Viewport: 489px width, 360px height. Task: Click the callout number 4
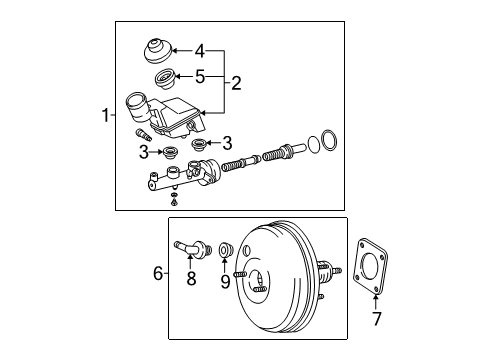pos(200,51)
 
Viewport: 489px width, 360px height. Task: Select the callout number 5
pos(200,77)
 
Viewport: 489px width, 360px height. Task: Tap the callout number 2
pos(236,83)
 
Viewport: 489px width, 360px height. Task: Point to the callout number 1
pos(105,115)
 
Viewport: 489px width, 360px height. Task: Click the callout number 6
pos(158,274)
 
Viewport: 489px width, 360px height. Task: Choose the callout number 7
pos(377,319)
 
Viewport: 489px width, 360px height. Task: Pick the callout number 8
pos(191,279)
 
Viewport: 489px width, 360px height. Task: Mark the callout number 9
pos(225,282)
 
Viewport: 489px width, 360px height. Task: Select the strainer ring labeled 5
pos(165,79)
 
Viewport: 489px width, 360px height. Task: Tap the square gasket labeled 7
pos(371,266)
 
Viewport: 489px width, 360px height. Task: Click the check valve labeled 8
pos(192,248)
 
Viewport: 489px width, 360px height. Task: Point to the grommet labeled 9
pos(226,250)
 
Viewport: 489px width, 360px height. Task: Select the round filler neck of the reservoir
pos(137,107)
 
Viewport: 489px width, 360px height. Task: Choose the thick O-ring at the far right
pos(329,140)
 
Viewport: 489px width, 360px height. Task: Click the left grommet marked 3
pos(170,153)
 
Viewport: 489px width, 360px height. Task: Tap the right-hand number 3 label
pos(227,143)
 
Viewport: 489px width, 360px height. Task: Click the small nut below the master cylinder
pos(173,202)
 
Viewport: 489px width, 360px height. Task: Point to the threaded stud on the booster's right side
pos(337,270)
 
